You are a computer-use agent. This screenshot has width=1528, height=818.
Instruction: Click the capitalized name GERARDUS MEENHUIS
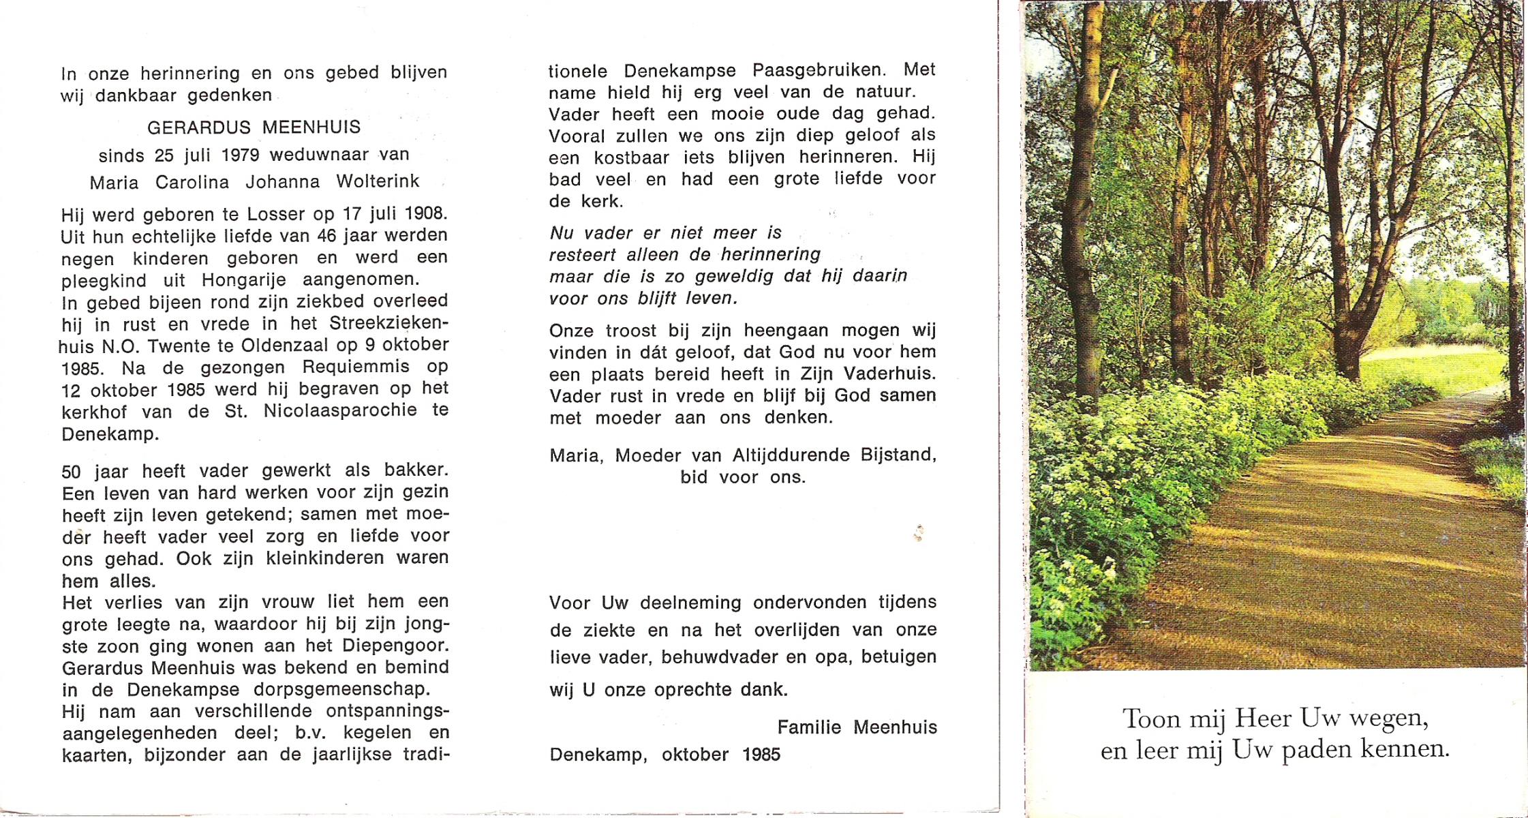click(x=254, y=127)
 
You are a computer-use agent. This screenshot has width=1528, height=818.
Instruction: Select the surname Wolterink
click(x=378, y=182)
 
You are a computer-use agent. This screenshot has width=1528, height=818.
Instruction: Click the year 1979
click(x=240, y=155)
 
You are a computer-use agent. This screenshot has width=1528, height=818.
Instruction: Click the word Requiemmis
click(x=356, y=367)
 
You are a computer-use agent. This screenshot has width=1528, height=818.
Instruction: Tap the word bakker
click(x=416, y=470)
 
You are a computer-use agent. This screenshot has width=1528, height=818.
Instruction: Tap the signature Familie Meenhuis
click(x=857, y=727)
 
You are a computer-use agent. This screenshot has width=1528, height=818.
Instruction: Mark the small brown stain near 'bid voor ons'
click(x=919, y=532)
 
